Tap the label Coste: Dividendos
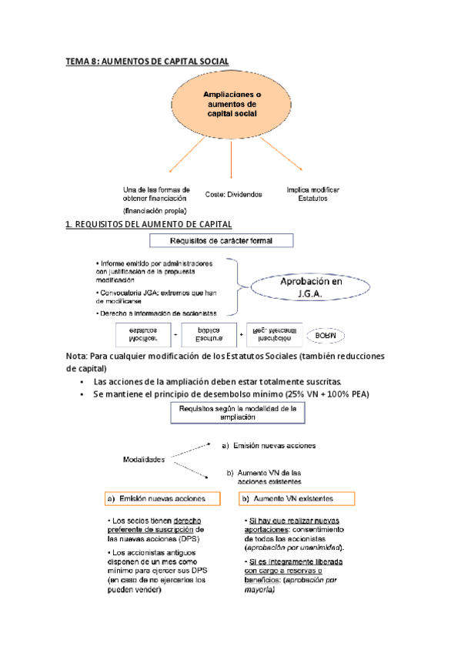[234, 195]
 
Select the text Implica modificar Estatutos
[312, 193]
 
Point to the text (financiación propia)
[155, 209]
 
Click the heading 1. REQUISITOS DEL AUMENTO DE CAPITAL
[149, 224]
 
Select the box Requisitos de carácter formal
[232, 241]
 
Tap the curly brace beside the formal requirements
[238, 286]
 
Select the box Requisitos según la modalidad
[237, 414]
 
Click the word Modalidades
[144, 459]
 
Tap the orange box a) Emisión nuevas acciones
[161, 499]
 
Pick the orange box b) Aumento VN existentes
[297, 499]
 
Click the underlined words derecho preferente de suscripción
[151, 525]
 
